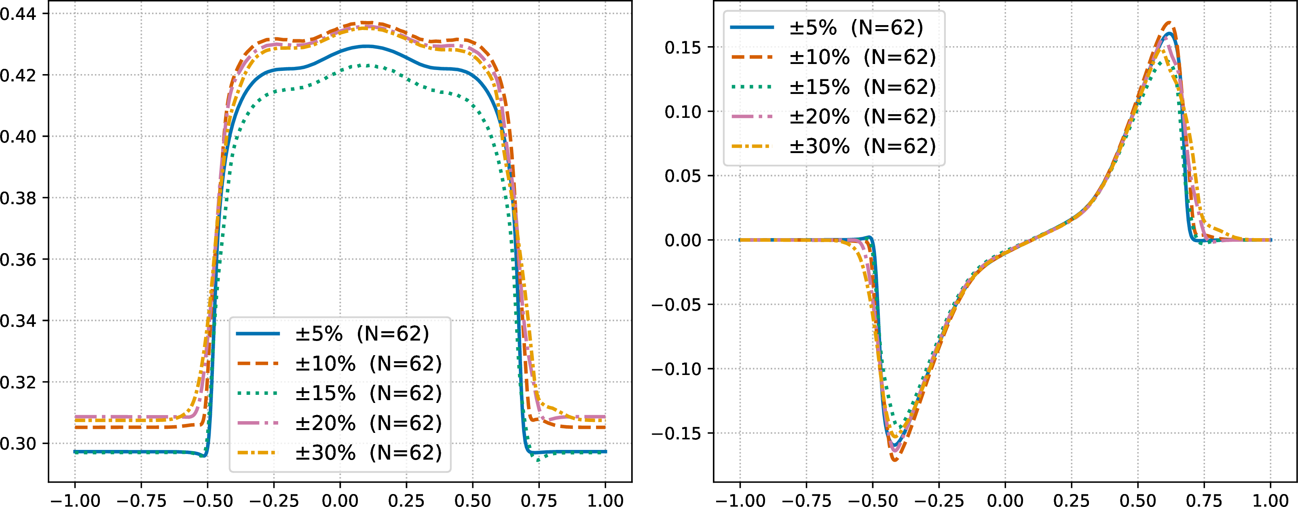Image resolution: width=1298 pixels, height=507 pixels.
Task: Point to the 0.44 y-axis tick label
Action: click(18, 14)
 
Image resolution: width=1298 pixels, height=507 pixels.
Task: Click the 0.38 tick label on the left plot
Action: click(18, 198)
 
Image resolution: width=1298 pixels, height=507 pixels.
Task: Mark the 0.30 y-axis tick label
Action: click(18, 444)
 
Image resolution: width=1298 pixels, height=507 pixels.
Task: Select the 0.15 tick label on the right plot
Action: click(683, 47)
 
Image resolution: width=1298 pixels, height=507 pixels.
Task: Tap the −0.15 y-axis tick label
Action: click(676, 433)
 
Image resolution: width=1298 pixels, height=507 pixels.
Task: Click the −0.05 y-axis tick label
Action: click(676, 305)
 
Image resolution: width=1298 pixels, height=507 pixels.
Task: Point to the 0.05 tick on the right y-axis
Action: click(683, 176)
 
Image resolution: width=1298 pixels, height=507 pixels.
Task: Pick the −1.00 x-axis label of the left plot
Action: click(75, 500)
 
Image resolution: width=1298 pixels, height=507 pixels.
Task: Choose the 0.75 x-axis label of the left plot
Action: click(539, 500)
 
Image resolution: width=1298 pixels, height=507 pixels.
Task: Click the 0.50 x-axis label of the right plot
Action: click(1138, 500)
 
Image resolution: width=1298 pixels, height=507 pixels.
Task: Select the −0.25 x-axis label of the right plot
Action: click(939, 500)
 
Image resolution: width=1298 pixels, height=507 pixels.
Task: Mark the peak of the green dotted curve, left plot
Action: click(368, 65)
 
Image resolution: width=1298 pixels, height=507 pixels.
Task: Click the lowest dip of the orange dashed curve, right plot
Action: click(894, 460)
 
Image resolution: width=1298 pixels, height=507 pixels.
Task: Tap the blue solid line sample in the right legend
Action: click(752, 27)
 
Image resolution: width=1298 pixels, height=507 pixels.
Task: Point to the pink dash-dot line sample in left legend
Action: click(258, 423)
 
